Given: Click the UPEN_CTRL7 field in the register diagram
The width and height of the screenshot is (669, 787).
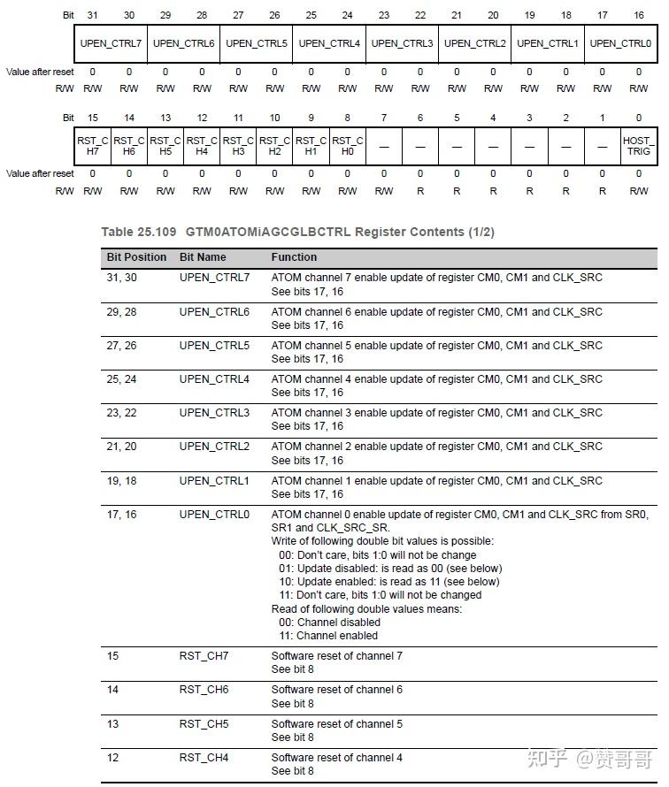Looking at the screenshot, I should [111, 43].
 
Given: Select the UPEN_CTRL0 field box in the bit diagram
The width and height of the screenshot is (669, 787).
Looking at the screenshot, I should [620, 43].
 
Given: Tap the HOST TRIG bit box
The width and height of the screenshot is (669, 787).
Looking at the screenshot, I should [638, 146].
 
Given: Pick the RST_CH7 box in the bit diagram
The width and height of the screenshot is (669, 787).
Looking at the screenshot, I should [92, 146].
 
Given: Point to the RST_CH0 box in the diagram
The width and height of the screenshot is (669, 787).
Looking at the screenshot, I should [347, 146].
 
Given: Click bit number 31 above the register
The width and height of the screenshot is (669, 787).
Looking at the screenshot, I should [93, 16].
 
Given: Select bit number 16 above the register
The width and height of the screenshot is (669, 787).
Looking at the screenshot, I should [639, 16].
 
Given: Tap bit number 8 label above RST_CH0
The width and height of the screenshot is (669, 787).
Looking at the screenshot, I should [347, 118].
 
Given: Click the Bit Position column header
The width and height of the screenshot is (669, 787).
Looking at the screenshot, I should [136, 257].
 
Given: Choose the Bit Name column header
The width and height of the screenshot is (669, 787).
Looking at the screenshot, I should [203, 257].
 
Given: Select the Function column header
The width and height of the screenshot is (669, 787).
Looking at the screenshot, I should [294, 257].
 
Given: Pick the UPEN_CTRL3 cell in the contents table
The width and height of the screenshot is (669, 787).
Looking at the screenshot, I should [214, 413].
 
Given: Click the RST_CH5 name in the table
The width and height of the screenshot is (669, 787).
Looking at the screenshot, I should [204, 724].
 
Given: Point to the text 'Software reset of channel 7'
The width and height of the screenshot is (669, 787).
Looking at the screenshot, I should [336, 656].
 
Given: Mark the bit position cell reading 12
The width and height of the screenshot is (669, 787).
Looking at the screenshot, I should [112, 758].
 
